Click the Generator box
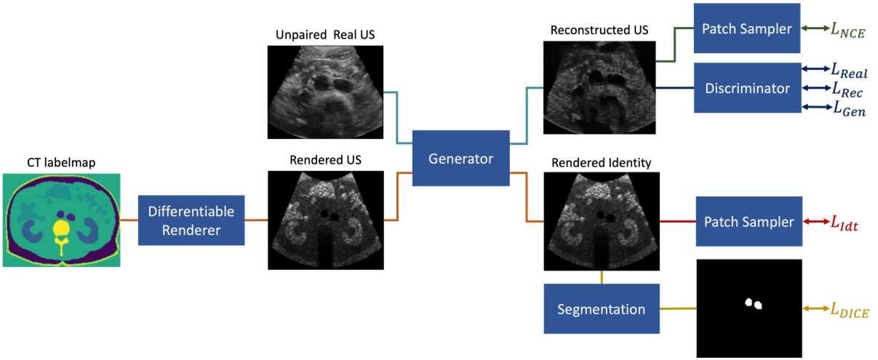click(460, 159)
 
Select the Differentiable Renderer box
click(191, 220)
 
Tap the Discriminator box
click(747, 88)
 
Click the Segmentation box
click(601, 309)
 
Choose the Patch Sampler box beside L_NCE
click(746, 28)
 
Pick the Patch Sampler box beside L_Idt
click(749, 222)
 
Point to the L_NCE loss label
click(850, 30)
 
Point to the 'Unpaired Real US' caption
click(324, 35)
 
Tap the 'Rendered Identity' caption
click(601, 161)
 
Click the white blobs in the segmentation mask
click(753, 304)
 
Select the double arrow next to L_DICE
click(815, 309)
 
